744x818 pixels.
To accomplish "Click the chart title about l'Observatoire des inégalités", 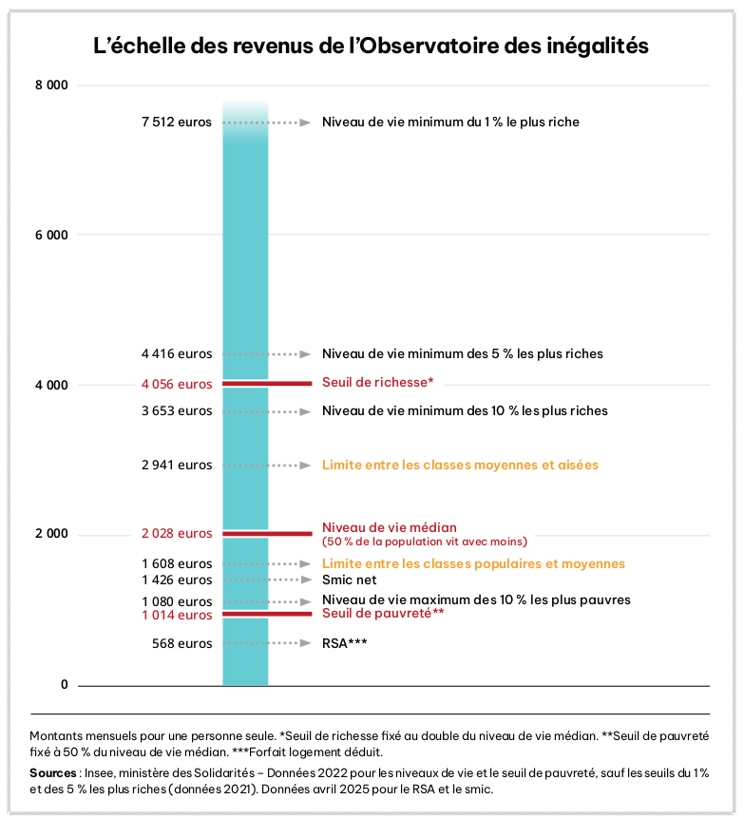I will [x=371, y=46].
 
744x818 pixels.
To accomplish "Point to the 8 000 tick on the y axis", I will [x=51, y=86].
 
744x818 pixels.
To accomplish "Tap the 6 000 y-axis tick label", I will [x=51, y=235].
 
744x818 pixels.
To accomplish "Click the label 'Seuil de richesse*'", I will [x=377, y=382].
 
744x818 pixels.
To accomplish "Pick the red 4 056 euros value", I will [x=177, y=385].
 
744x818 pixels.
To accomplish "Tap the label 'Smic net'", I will [x=349, y=580].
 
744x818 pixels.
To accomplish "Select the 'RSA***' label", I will [x=344, y=643].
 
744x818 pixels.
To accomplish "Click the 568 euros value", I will [x=182, y=643].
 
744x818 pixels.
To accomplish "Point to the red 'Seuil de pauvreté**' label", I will [x=383, y=614].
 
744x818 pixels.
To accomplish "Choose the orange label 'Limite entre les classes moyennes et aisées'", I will [x=460, y=466].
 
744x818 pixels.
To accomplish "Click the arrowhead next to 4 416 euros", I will [x=305, y=354].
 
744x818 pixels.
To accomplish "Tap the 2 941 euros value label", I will [x=177, y=466].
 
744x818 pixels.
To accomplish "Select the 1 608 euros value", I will [x=177, y=563].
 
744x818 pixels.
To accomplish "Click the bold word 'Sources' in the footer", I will [x=52, y=772].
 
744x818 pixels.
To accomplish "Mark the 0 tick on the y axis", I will [x=65, y=685].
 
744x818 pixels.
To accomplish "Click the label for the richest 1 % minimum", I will [x=450, y=123].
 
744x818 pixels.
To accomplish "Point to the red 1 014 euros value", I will [x=177, y=616].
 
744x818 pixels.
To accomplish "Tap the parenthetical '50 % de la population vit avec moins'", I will [x=424, y=542].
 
